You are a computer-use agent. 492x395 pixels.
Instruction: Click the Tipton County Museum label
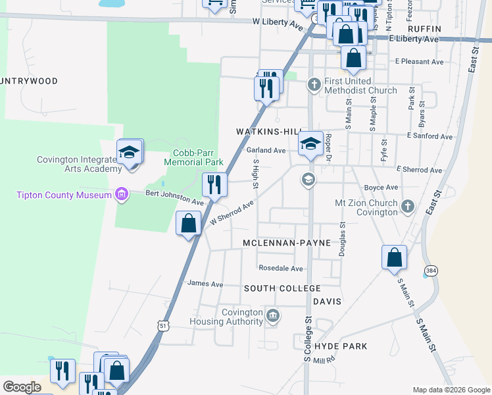point(64,194)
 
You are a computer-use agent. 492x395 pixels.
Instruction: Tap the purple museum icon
point(120,194)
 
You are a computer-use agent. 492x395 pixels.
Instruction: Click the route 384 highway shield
point(431,271)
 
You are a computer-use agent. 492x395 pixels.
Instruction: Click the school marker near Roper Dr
point(310,143)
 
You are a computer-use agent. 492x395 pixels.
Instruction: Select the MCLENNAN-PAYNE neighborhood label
point(286,243)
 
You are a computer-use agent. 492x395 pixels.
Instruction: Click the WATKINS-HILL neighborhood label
point(269,132)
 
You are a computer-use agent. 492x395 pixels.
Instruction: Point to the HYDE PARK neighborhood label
point(341,346)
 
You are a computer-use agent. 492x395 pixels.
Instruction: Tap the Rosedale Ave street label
point(280,269)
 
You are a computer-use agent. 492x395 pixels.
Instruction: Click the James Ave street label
point(205,284)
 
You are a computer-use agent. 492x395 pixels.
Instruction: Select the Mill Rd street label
point(324,361)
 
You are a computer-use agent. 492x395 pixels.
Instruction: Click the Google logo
point(22,387)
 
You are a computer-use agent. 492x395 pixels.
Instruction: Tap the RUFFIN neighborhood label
point(424,29)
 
